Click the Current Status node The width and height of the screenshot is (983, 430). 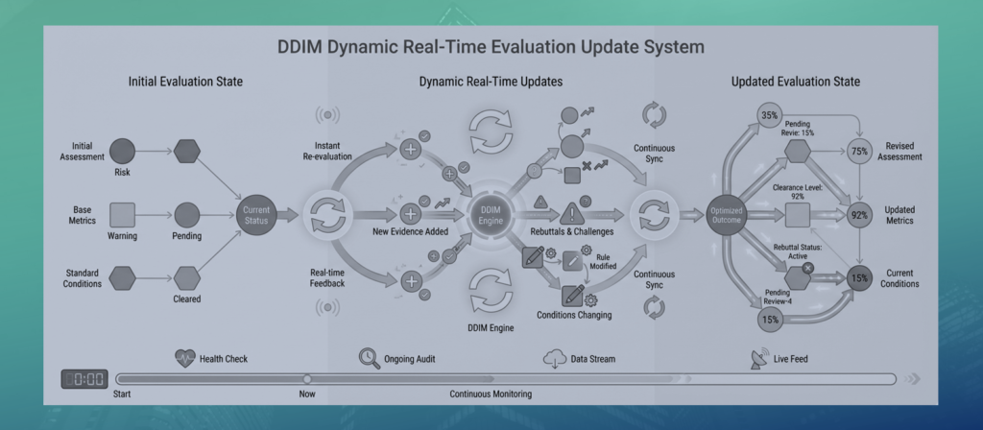(x=255, y=216)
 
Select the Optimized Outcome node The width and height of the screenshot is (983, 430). (x=728, y=215)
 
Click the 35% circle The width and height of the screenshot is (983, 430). (x=770, y=115)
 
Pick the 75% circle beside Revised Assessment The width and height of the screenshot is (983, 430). (x=859, y=151)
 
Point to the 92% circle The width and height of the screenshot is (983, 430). (x=859, y=215)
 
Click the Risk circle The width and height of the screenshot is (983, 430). (x=122, y=151)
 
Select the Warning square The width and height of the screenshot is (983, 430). (x=122, y=215)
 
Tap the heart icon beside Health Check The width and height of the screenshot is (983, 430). (x=185, y=359)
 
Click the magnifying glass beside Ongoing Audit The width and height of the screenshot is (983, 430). (x=370, y=358)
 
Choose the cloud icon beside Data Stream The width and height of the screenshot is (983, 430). (x=555, y=359)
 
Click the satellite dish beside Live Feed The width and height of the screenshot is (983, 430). (x=760, y=359)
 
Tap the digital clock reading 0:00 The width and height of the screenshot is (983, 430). (x=84, y=379)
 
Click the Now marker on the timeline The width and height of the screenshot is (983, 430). (x=307, y=379)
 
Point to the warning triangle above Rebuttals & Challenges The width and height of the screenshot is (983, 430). (x=572, y=214)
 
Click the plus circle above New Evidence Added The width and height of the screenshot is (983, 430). (x=411, y=214)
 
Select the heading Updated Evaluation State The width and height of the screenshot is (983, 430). (x=796, y=82)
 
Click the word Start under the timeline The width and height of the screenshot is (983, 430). (x=122, y=394)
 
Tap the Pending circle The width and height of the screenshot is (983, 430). (x=187, y=215)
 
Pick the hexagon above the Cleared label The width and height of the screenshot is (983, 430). (x=187, y=278)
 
